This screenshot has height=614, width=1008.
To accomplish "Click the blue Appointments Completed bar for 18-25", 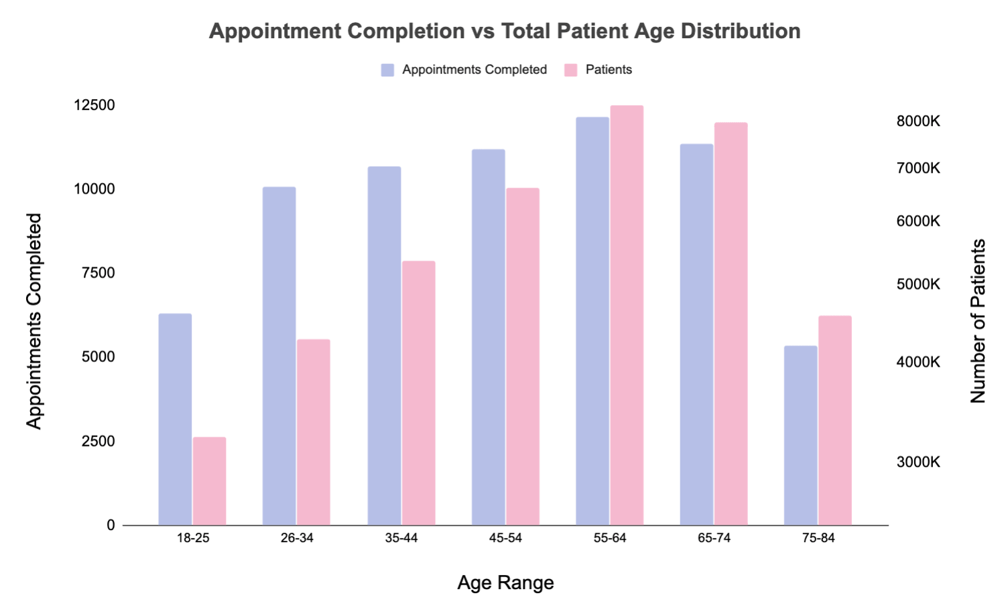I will (x=175, y=419).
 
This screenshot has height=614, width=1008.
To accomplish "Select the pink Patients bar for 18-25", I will (x=210, y=481).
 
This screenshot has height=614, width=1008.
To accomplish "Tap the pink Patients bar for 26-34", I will (x=314, y=432).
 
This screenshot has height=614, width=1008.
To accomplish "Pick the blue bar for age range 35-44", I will (x=384, y=345).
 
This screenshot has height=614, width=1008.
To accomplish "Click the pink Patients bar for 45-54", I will (x=523, y=356).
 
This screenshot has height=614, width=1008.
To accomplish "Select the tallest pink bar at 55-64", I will (x=627, y=315).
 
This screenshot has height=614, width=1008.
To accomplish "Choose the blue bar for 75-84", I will (x=801, y=435).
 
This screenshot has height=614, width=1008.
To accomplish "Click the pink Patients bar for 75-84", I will (x=835, y=420).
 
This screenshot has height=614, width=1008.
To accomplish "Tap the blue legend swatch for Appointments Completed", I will (x=387, y=70).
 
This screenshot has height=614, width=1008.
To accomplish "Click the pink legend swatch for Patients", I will (x=571, y=70).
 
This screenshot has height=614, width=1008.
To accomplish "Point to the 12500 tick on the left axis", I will (x=94, y=105).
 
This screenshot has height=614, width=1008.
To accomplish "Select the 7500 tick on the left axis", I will (x=98, y=273).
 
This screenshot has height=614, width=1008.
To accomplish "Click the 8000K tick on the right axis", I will (x=918, y=121).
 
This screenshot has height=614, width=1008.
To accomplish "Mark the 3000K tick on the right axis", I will (x=918, y=462).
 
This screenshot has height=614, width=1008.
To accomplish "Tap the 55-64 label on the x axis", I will (x=610, y=538).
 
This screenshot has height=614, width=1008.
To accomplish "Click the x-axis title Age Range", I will (x=505, y=582).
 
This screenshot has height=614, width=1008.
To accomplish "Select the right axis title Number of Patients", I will (x=978, y=320).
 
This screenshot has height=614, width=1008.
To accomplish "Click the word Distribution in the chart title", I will (x=741, y=31).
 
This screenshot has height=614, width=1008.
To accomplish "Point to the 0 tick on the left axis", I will (x=111, y=526).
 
